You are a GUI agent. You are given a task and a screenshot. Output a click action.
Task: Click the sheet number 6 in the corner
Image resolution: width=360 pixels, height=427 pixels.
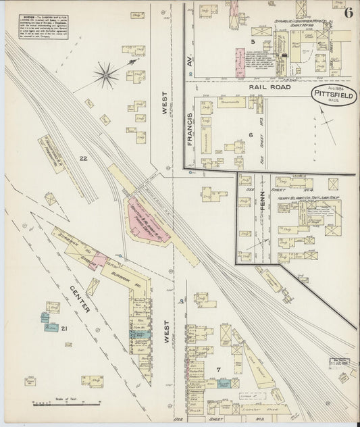pos(348,12)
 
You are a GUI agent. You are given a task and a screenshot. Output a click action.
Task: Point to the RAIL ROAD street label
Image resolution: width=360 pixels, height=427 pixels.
pos(269,87)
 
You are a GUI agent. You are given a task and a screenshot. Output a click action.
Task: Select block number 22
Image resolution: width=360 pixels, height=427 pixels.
pos(83,158)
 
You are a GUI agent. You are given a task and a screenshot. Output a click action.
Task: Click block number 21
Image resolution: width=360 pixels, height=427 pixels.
pos(63,328)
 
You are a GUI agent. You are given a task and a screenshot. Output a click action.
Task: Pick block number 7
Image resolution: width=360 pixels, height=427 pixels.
pos(218,368)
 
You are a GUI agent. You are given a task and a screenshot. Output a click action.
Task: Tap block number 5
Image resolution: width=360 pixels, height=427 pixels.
pos(253,42)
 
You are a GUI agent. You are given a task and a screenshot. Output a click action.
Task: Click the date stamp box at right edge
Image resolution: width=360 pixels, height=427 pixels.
pos(338,363)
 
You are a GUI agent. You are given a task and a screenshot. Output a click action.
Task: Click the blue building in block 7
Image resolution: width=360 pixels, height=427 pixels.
pos(225,382)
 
